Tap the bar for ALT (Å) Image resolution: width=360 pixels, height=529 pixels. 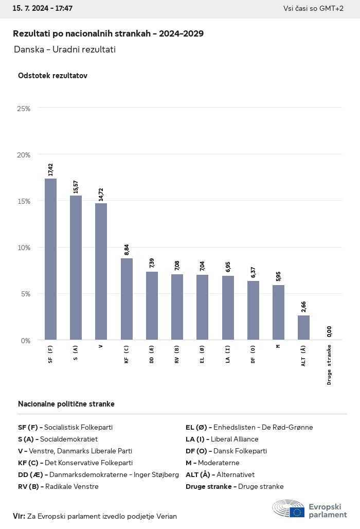[x=303, y=327]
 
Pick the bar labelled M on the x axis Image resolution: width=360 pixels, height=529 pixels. [x=278, y=312]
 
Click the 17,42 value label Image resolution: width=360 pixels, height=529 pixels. [x=50, y=170]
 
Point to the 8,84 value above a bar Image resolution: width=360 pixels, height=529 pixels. [x=127, y=250]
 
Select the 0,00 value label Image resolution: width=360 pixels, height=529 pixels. [x=329, y=332]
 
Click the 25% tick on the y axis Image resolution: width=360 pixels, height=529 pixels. [x=24, y=109]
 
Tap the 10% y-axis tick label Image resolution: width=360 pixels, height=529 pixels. [x=24, y=248]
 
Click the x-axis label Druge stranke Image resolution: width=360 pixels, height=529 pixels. [x=329, y=365]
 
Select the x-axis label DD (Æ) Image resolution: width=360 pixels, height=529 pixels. [x=152, y=354]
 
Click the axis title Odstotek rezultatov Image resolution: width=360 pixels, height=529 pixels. [x=52, y=76]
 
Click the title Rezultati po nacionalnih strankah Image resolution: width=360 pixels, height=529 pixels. [x=108, y=33]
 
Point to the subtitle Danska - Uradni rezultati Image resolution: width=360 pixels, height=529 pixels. [x=65, y=49]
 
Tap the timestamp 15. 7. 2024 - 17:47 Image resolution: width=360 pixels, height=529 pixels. [x=43, y=9]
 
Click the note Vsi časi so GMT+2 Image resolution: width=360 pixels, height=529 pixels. [x=313, y=9]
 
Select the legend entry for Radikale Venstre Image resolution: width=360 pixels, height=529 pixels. [x=58, y=486]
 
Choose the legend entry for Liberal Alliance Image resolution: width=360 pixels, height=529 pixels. [x=222, y=439]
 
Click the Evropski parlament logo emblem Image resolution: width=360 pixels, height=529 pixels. [x=289, y=508]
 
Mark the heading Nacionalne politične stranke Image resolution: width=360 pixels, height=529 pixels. [x=66, y=404]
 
